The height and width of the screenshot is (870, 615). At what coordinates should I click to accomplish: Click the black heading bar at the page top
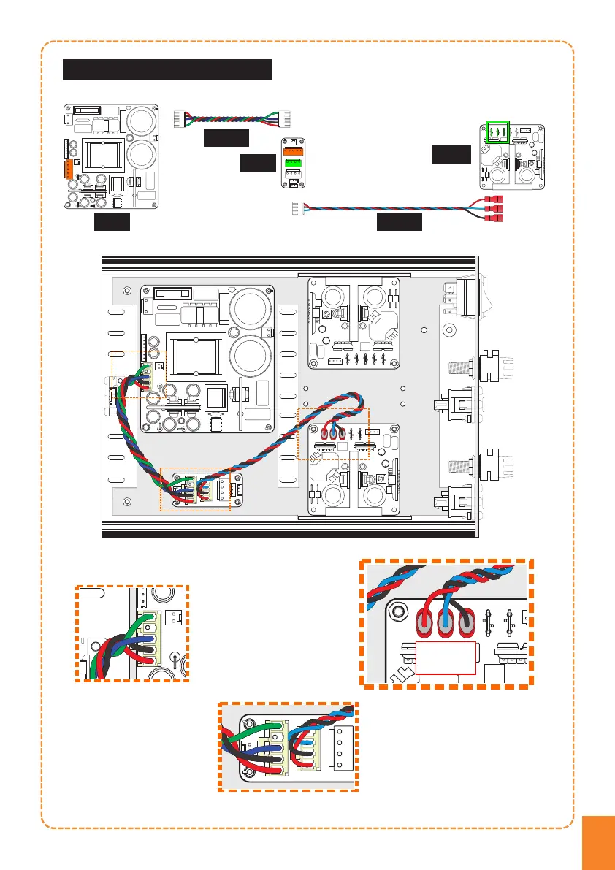(167, 69)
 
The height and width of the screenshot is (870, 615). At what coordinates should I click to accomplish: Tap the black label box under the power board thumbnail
(112, 223)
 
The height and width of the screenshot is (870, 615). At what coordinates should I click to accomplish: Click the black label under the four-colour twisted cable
(226, 137)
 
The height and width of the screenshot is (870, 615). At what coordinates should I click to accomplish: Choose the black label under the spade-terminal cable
(400, 222)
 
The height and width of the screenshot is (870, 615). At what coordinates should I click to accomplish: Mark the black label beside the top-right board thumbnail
(451, 154)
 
